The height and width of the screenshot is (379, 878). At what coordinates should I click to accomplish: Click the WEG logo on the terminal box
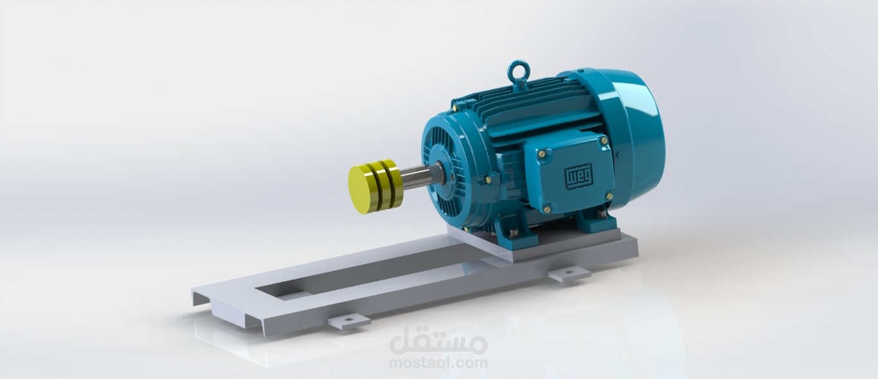coord(575,176)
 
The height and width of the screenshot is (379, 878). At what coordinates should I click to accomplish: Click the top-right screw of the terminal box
coord(604,140)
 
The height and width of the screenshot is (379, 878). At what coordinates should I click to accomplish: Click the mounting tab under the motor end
coord(569,274)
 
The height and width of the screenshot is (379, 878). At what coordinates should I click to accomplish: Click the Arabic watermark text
coord(438,342)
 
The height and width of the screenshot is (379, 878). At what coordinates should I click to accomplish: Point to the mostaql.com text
coord(438,363)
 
